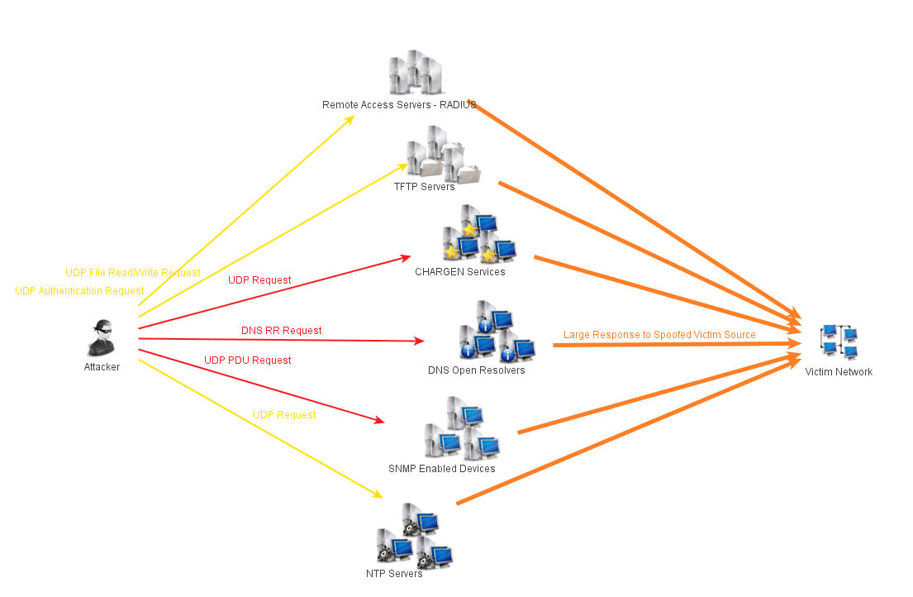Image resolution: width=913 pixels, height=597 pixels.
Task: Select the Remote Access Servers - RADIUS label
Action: tap(399, 105)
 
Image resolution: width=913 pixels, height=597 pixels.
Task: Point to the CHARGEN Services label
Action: tap(459, 271)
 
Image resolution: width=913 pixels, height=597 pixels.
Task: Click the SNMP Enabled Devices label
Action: tap(441, 469)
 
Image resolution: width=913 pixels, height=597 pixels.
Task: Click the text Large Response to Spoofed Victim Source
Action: tap(659, 335)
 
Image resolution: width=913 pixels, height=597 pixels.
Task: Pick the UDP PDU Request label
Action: tap(247, 361)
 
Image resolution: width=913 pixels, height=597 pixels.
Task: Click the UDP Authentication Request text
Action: tap(79, 291)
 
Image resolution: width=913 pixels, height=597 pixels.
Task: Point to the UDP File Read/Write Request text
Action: tap(132, 273)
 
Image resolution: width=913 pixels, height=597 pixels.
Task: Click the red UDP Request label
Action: tap(259, 280)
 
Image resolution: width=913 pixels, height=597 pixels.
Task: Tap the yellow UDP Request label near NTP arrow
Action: tap(284, 415)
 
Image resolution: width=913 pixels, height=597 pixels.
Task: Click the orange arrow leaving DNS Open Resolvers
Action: tap(661, 344)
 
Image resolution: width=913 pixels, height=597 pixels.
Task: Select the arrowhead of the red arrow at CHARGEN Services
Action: tap(406, 257)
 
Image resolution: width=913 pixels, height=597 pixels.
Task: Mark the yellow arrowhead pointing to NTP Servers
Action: tap(378, 494)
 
